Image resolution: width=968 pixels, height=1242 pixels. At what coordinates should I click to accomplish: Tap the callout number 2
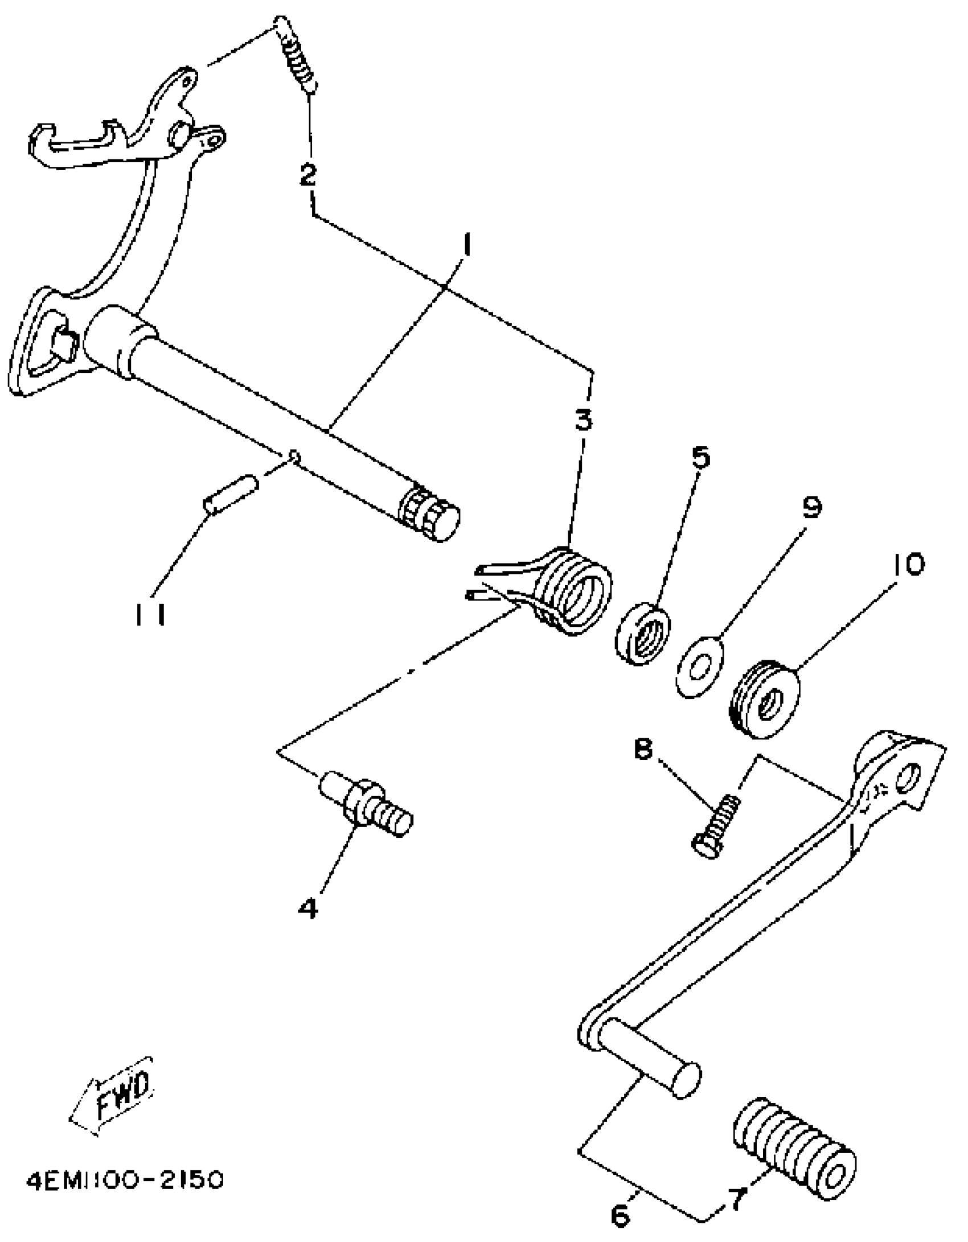[x=308, y=175]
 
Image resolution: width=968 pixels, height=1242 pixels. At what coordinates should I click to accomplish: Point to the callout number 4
[x=308, y=907]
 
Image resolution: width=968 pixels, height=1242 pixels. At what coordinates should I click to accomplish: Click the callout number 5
[x=701, y=457]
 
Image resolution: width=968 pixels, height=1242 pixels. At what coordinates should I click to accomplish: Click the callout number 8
[x=643, y=750]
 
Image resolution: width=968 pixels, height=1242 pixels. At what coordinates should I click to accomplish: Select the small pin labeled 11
[x=230, y=494]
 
